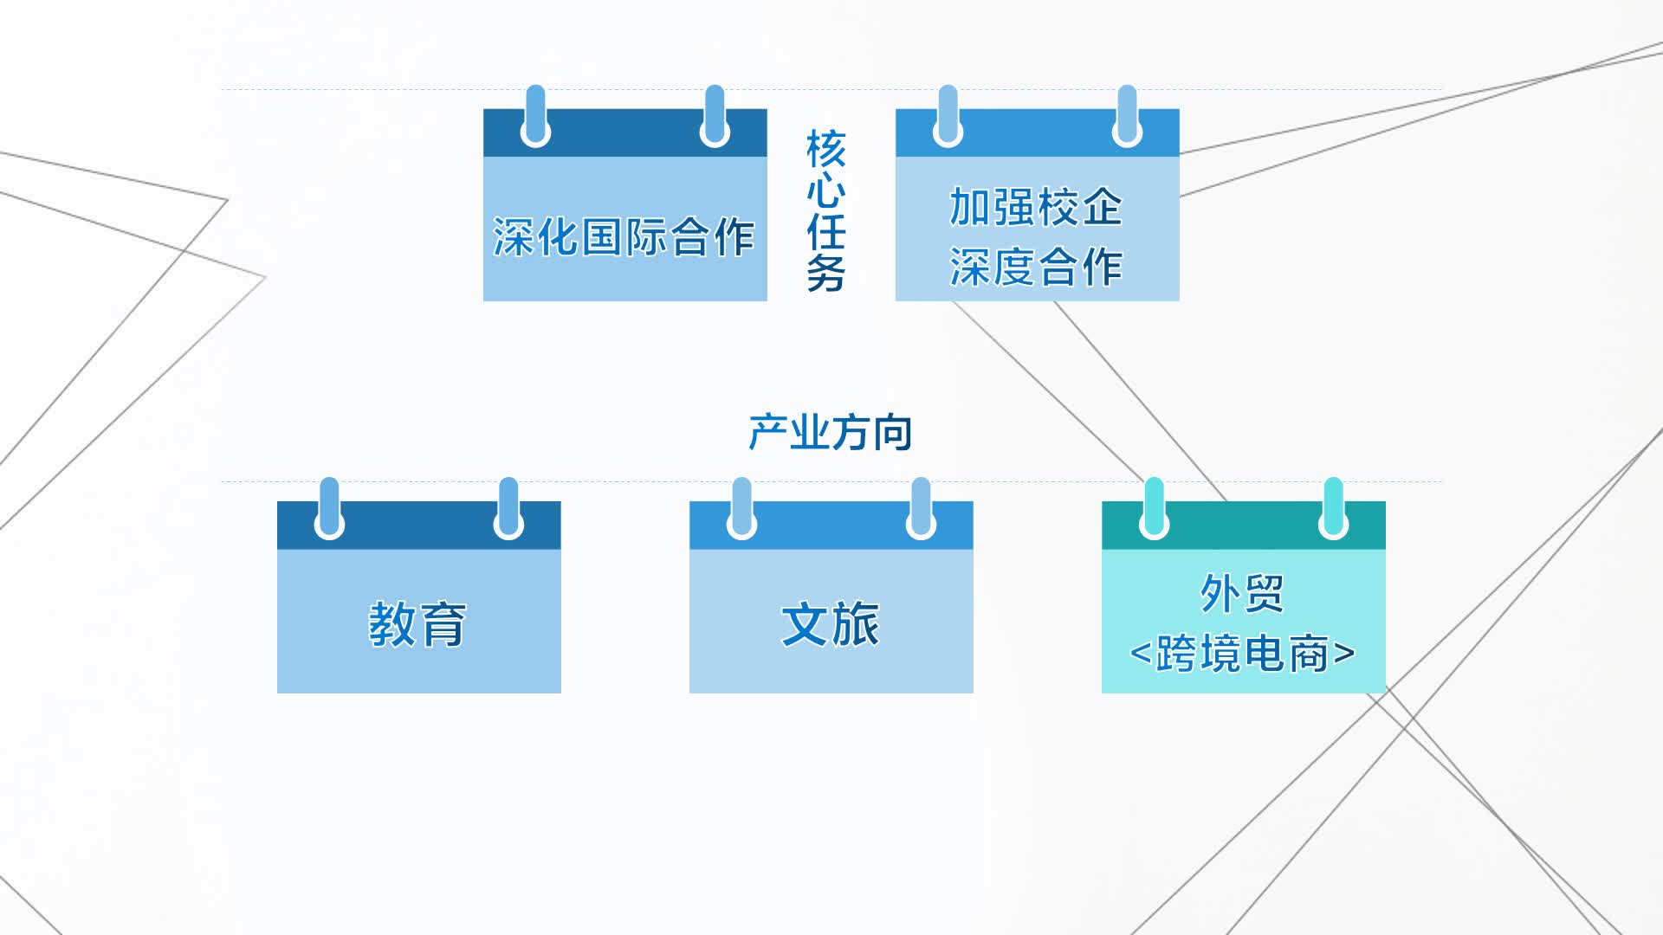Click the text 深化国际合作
[x=624, y=236]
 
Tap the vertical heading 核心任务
[x=825, y=210]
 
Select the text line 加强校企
[x=1036, y=207]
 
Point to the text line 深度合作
[x=1036, y=267]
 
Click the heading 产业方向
[x=830, y=432]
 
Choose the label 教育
[x=417, y=624]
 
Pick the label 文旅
[x=830, y=624]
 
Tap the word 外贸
[x=1242, y=594]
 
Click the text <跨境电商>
[x=1242, y=654]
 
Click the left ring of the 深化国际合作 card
[x=535, y=117]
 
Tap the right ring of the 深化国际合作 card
[x=715, y=117]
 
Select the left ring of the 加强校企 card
[x=948, y=117]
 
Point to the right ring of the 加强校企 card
[x=1127, y=117]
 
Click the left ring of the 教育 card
[x=329, y=509]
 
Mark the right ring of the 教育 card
[x=508, y=509]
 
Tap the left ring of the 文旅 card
[x=741, y=509]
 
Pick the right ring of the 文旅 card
[x=921, y=509]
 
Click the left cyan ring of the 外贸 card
[x=1154, y=509]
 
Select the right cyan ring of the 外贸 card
[x=1333, y=509]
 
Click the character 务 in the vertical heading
[x=825, y=274]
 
